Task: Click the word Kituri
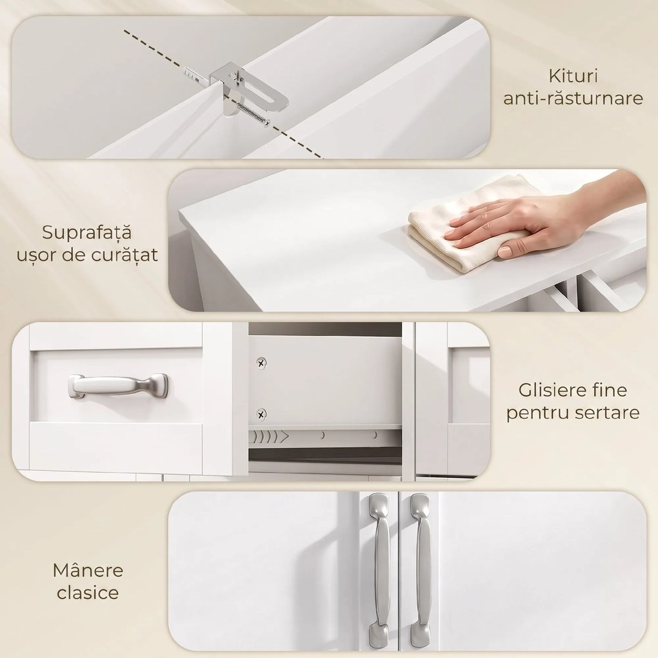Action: (x=573, y=76)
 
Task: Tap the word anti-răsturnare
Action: (x=573, y=98)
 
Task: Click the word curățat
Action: (x=125, y=255)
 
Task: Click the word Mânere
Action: (x=88, y=570)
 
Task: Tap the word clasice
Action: (x=88, y=593)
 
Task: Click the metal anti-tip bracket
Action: (x=248, y=88)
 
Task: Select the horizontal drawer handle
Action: (x=118, y=386)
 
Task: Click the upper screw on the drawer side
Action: (x=261, y=363)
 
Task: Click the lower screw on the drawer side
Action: (x=261, y=415)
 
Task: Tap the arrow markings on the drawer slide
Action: (x=269, y=437)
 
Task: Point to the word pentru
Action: (x=535, y=413)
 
